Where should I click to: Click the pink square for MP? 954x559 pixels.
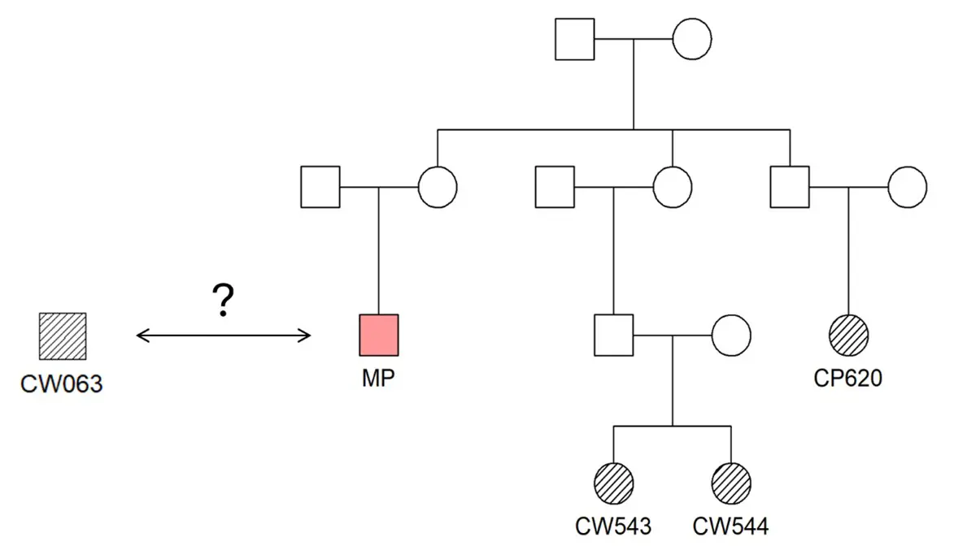tap(379, 335)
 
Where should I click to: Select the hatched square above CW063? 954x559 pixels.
tap(63, 336)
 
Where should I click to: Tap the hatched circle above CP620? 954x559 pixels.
tap(848, 335)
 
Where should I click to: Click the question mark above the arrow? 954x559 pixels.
tap(224, 302)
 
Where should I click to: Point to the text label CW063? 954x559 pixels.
tap(62, 383)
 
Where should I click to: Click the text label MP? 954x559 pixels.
tap(379, 379)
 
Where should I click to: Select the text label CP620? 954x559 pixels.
tap(847, 379)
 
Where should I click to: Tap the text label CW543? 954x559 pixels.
tap(613, 526)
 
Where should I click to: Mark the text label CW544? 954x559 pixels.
tap(730, 526)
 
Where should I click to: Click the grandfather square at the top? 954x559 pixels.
tap(575, 38)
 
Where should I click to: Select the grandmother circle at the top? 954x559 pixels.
tap(692, 38)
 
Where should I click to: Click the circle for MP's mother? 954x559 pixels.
tap(438, 187)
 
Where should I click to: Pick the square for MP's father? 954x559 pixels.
tap(320, 187)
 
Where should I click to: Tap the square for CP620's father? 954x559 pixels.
tap(790, 187)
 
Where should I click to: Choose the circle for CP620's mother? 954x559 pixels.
tap(907, 187)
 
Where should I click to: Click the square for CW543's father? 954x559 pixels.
tap(614, 335)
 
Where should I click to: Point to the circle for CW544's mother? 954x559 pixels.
tap(731, 335)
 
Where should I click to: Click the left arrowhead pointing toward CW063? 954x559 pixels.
tap(140, 335)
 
